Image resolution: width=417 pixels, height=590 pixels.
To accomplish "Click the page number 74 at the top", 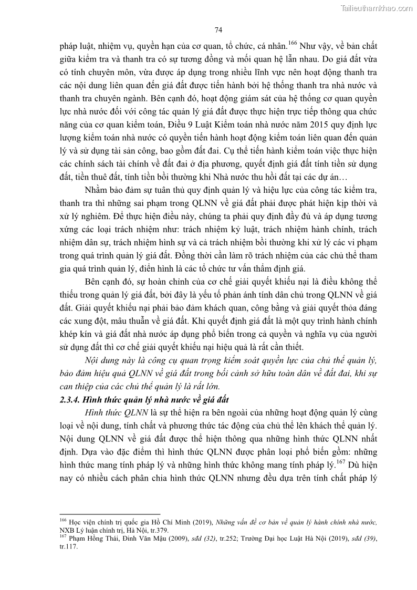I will tap(219, 29).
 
